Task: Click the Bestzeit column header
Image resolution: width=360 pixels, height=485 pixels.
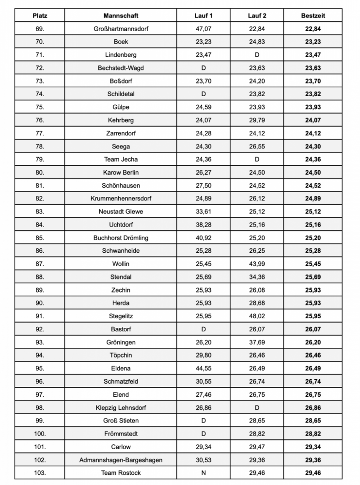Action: click(x=313, y=16)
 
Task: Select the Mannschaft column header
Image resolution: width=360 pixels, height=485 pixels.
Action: click(x=121, y=16)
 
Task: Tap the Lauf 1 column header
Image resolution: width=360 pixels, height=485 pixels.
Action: click(x=203, y=16)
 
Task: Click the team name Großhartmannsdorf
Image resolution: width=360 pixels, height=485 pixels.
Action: click(x=121, y=29)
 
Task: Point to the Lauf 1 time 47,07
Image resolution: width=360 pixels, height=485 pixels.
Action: click(x=203, y=29)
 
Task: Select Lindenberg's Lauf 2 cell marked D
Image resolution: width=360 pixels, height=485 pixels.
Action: click(x=257, y=55)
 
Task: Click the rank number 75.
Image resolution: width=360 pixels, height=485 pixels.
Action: click(x=40, y=107)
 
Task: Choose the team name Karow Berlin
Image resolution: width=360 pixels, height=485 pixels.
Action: click(x=121, y=172)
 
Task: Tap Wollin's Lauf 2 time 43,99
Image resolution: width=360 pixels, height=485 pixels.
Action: click(x=257, y=264)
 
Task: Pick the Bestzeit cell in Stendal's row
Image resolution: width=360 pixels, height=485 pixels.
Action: click(x=313, y=277)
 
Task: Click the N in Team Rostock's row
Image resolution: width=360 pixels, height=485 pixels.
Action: click(x=203, y=472)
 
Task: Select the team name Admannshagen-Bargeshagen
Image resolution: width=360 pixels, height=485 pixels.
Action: click(x=121, y=459)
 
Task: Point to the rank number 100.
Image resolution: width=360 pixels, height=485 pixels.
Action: click(x=40, y=433)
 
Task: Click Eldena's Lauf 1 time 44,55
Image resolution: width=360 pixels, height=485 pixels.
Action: click(x=203, y=368)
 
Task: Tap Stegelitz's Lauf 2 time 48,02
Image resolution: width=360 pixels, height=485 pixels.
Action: click(x=257, y=316)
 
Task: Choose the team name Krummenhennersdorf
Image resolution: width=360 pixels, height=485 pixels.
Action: click(x=121, y=198)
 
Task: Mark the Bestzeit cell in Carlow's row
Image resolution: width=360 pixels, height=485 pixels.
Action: click(x=313, y=446)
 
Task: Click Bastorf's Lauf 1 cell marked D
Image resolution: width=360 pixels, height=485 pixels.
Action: click(x=203, y=329)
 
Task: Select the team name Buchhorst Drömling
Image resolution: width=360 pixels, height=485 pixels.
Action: click(x=121, y=238)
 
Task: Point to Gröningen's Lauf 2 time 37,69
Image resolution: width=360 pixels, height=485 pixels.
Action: click(x=257, y=342)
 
